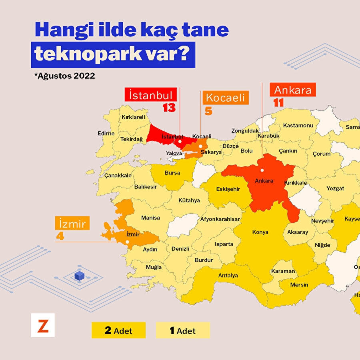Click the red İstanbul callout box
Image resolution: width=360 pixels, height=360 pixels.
tap(151, 95)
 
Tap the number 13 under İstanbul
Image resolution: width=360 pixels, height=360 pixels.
tap(169, 108)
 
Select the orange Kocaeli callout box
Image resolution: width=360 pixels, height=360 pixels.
tap(226, 98)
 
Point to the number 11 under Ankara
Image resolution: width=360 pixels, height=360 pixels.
tap(278, 103)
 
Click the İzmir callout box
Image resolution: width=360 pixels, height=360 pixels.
tap(72, 224)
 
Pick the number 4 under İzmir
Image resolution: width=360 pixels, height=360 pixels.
tap(60, 236)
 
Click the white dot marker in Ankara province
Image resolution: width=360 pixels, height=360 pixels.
tap(262, 170)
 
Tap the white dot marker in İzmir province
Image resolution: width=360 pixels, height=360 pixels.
tap(127, 242)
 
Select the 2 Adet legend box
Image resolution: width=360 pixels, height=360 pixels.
tap(118, 330)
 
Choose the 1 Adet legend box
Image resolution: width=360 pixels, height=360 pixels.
tap(183, 330)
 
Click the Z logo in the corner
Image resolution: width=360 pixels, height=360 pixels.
tap(43, 325)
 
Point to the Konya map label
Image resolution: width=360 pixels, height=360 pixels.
tap(260, 232)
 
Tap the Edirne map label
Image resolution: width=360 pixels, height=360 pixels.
tap(106, 134)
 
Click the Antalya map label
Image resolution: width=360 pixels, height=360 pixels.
tap(228, 275)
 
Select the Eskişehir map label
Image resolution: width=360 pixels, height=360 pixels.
tap(228, 189)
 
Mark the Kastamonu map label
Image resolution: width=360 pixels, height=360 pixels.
tap(298, 125)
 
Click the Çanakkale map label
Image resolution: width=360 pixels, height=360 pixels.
tap(118, 175)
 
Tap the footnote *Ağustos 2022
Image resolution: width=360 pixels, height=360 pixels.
tap(64, 76)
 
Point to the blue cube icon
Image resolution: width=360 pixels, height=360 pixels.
tap(80, 276)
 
